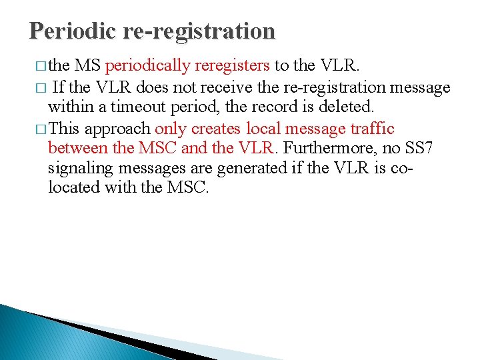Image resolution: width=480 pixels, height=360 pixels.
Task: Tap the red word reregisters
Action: point(231,65)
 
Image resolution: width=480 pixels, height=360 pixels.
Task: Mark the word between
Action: point(75,147)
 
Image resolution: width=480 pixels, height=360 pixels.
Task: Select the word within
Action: point(66,107)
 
